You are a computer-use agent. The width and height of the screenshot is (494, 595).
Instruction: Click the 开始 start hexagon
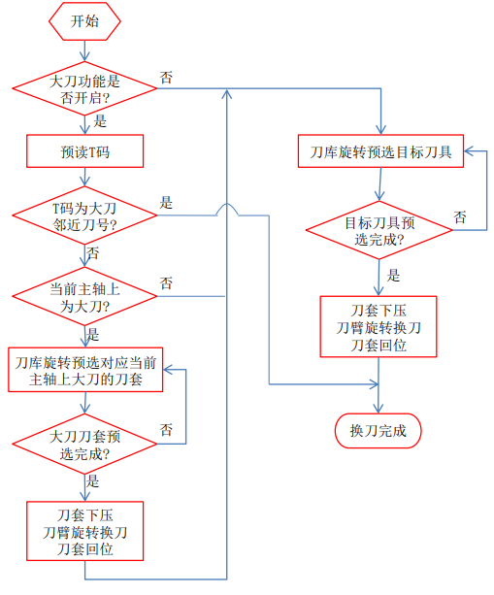[x=84, y=20]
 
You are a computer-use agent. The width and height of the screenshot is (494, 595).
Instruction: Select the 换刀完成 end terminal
[x=378, y=430]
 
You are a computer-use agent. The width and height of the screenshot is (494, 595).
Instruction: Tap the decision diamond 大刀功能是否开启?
[x=84, y=89]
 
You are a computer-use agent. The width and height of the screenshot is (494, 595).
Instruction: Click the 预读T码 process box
[x=84, y=150]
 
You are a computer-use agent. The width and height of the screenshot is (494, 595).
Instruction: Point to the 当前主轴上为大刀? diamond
[x=84, y=296]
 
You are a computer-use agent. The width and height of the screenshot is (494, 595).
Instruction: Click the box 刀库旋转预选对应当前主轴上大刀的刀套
[x=84, y=370]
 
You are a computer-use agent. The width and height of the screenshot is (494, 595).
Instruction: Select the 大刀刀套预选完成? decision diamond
[x=84, y=444]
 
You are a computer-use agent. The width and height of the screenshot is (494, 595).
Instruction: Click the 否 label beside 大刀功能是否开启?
[x=166, y=78]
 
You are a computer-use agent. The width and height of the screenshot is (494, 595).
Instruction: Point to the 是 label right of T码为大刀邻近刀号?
[x=166, y=203]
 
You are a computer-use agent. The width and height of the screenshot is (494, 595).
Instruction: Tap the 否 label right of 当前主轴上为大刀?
[x=166, y=283]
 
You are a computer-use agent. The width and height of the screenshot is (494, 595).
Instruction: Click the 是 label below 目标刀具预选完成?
[x=393, y=275]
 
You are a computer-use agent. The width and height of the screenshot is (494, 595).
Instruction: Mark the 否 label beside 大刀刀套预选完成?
[x=166, y=429]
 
